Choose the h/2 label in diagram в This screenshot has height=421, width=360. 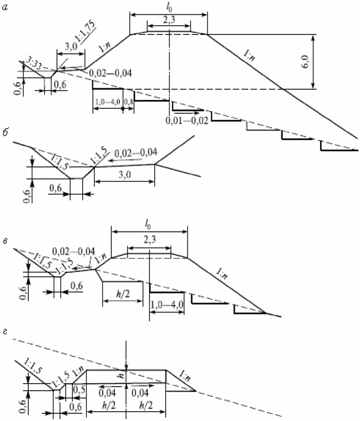pos(122,297)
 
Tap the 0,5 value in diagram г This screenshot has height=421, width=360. pos(79,389)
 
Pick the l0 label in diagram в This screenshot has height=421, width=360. pos(149,229)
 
